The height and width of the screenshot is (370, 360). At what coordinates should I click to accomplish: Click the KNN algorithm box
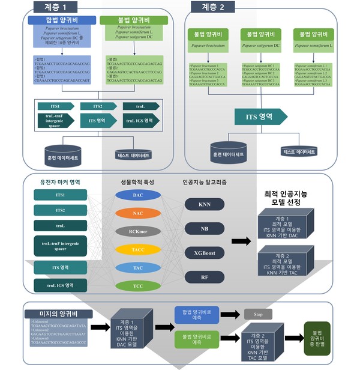205,204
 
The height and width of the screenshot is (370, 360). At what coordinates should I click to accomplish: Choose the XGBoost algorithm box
205,252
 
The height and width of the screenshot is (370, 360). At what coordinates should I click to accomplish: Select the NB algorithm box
205,228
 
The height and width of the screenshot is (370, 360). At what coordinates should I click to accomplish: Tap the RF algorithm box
205,276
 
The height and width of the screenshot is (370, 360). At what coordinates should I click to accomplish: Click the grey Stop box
258,314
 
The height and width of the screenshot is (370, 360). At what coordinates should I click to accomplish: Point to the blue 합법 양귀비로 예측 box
196,314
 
